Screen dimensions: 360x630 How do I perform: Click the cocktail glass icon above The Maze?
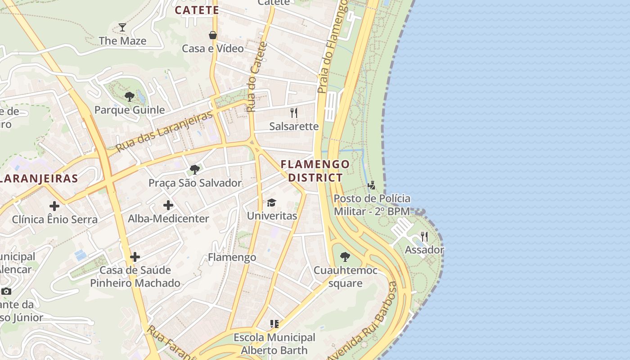[122, 27]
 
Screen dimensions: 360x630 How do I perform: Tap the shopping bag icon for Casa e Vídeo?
[213, 35]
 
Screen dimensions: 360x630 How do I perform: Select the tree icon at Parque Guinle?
[130, 96]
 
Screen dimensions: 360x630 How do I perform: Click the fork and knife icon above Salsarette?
[294, 112]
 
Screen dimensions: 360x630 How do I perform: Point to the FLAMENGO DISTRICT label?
[315, 171]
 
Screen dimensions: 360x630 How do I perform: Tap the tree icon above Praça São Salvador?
[195, 170]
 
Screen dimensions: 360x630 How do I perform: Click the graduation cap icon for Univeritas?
[271, 202]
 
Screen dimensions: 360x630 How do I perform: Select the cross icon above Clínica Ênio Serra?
[54, 206]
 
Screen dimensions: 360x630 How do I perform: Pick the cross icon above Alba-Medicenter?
[168, 205]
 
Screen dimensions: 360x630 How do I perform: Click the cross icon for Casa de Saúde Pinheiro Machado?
[135, 257]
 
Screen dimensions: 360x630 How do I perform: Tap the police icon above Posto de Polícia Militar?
[372, 185]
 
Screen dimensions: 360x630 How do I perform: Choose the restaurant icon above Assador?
[424, 236]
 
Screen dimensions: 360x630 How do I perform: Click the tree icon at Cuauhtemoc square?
[345, 257]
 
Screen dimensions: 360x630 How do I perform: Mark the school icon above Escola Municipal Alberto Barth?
[274, 324]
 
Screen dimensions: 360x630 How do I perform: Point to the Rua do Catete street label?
[256, 76]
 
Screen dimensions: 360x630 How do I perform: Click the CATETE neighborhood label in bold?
[197, 10]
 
